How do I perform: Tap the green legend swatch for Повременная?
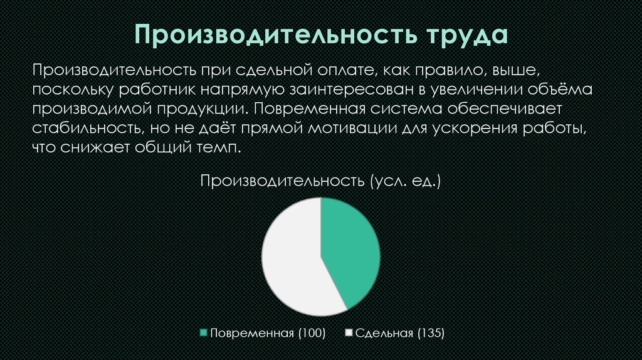pos(203,333)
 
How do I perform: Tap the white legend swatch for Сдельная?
pos(349,333)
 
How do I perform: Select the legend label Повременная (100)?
pos(267,333)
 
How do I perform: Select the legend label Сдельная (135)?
pos(400,333)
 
